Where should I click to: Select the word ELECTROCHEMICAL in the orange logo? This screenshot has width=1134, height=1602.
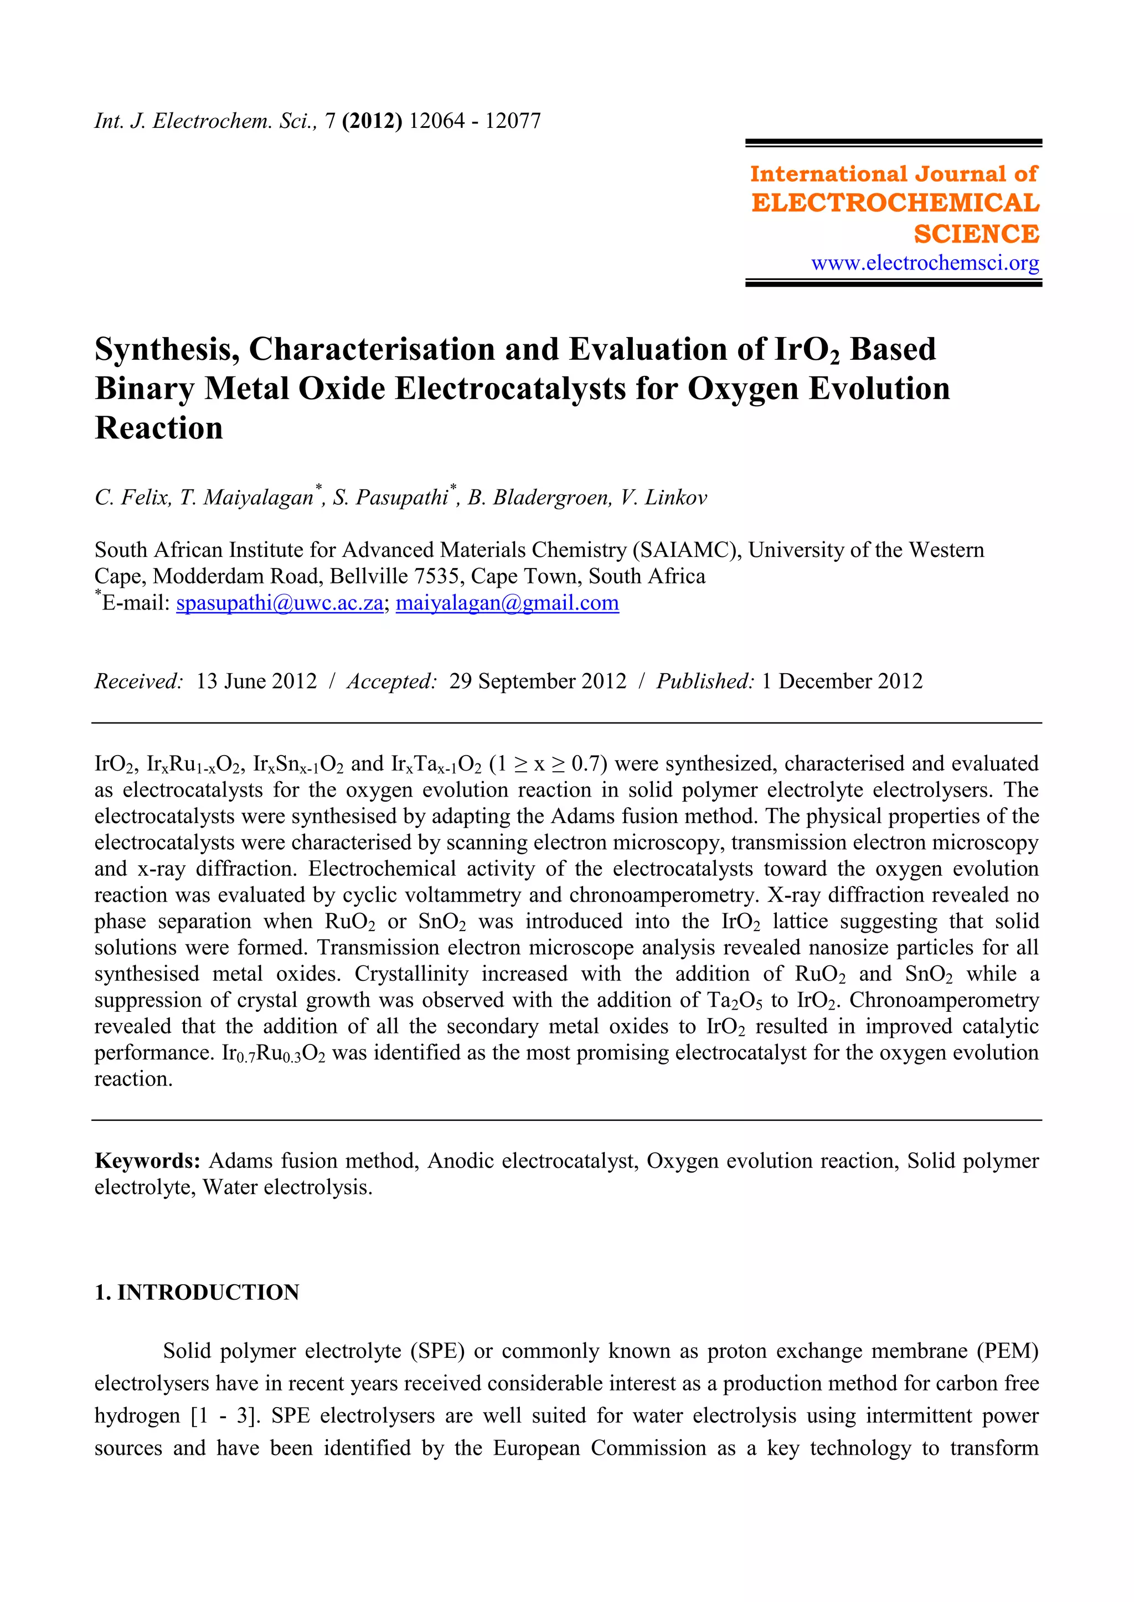(895, 203)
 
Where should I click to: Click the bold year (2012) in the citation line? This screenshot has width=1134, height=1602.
(372, 121)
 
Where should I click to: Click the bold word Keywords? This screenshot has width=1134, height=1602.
(147, 1160)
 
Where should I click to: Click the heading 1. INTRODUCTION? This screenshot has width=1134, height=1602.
(197, 1292)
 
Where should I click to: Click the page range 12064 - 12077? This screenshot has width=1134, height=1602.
(475, 121)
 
